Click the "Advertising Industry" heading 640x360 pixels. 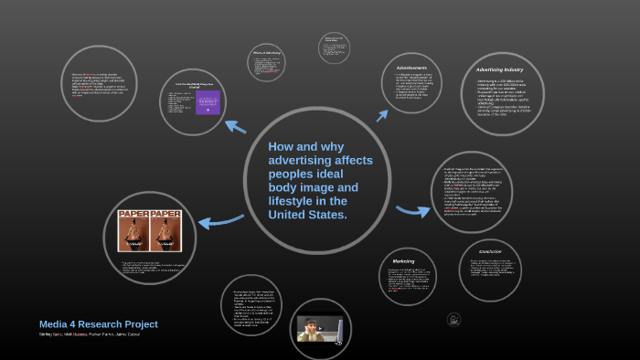[499, 69]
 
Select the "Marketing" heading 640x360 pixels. [403, 260]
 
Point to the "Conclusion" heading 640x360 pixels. [489, 251]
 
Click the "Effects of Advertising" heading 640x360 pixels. [266, 54]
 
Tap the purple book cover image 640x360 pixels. [208, 102]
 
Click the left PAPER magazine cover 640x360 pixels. [133, 230]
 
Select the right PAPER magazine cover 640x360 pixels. [166, 230]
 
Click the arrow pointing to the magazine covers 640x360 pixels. [219, 220]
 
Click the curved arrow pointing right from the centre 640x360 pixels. [412, 212]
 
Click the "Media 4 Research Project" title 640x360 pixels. [98, 324]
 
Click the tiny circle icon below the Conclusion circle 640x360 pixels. [453, 320]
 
